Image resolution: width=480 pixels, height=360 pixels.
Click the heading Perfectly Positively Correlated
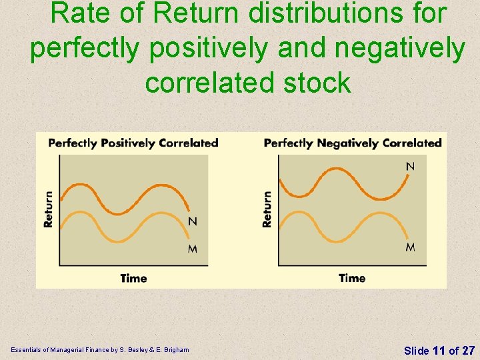pyautogui.click(x=133, y=143)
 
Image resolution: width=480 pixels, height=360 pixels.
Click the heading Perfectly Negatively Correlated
pyautogui.click(x=353, y=143)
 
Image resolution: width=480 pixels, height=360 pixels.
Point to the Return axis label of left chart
pyautogui.click(x=49, y=209)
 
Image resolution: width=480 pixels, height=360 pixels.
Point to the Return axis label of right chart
pyautogui.click(x=267, y=209)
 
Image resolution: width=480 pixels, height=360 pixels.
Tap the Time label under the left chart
pyautogui.click(x=133, y=278)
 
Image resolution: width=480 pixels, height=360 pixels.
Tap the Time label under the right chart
pyautogui.click(x=352, y=278)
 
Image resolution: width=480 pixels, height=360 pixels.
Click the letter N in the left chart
pyautogui.click(x=193, y=221)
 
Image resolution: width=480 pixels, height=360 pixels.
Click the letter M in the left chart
pyautogui.click(x=193, y=249)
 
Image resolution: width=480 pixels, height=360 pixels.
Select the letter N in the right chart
pyautogui.click(x=410, y=166)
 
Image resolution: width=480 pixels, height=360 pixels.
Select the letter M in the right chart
pyautogui.click(x=410, y=247)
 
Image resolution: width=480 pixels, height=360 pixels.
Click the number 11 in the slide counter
pyautogui.click(x=439, y=350)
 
